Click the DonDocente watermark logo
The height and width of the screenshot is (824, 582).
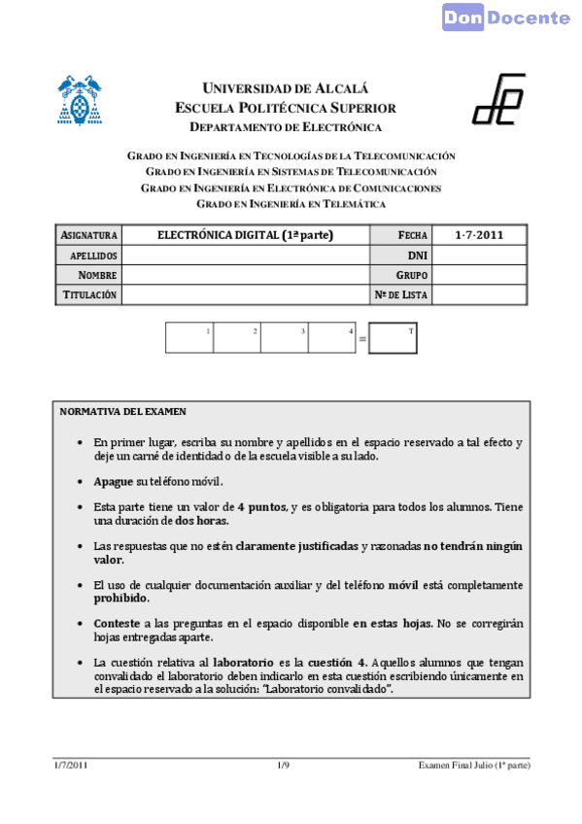(x=506, y=17)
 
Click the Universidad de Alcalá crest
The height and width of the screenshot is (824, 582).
(x=81, y=100)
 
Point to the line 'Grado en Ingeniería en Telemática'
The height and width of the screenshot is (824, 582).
(x=291, y=204)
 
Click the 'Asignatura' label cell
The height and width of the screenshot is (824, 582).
(x=88, y=235)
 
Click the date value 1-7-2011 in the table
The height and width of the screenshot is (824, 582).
(x=479, y=235)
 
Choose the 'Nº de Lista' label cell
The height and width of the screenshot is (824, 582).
(x=401, y=294)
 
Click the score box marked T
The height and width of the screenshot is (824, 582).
(x=394, y=338)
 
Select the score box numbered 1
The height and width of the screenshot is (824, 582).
(x=189, y=337)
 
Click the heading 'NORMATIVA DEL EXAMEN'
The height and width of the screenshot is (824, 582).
(x=122, y=412)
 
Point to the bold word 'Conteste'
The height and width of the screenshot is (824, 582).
(x=117, y=621)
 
